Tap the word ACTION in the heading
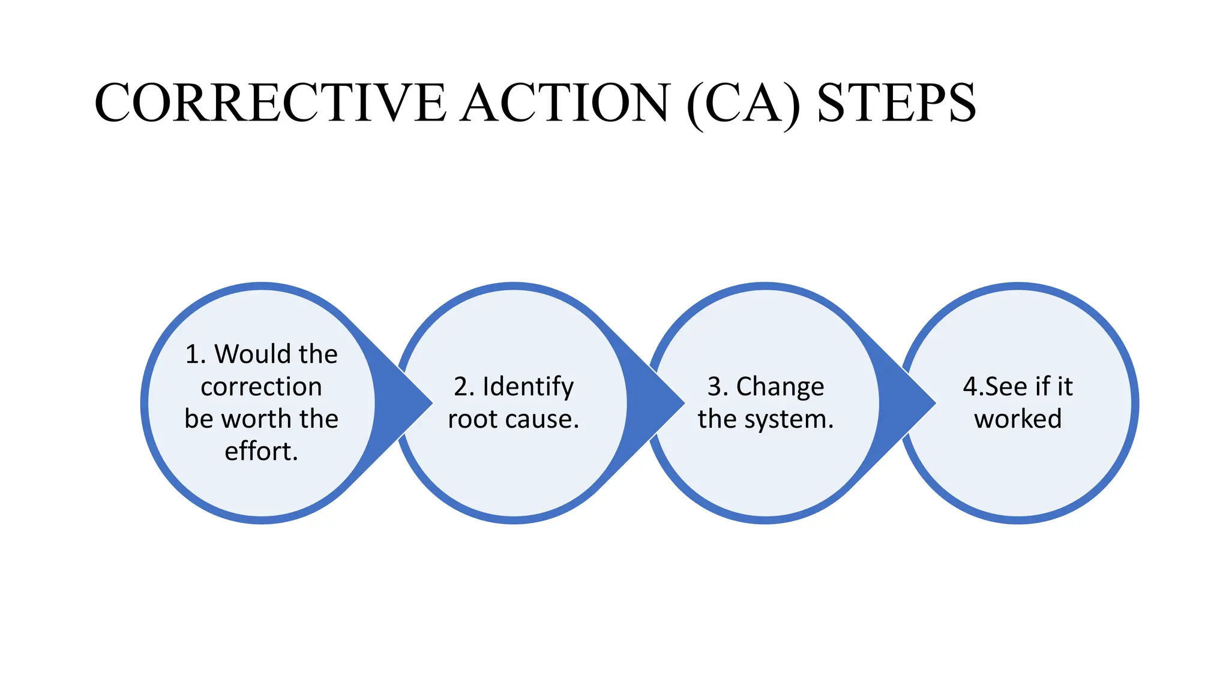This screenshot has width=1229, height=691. [x=563, y=103]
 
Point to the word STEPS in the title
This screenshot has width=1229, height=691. [x=897, y=103]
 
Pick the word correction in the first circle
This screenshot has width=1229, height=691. [x=261, y=386]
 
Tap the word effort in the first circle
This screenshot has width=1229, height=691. [x=259, y=451]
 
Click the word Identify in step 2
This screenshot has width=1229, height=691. [x=528, y=387]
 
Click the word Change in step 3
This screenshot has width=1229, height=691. [x=780, y=387]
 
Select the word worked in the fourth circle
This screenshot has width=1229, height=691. [x=1018, y=419]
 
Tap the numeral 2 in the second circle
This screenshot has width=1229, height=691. [x=461, y=387]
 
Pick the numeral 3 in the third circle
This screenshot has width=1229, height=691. [x=714, y=387]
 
